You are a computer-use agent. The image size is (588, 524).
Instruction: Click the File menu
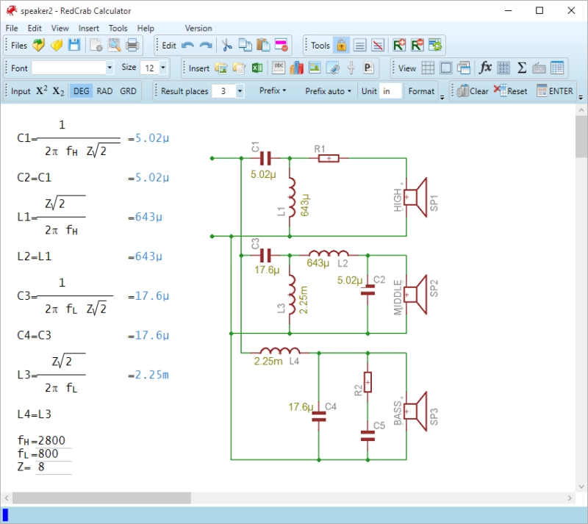click(x=12, y=28)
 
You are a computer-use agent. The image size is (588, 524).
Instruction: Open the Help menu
click(x=146, y=28)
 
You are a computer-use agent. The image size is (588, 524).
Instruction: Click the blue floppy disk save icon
click(x=74, y=45)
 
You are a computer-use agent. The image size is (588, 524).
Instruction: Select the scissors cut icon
click(x=226, y=45)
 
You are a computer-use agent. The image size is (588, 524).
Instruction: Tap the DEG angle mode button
click(x=81, y=91)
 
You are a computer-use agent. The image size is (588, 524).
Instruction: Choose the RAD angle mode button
click(x=104, y=91)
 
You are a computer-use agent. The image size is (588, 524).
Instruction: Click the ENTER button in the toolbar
click(x=555, y=91)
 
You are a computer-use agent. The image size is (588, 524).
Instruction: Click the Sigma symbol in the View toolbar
click(x=522, y=68)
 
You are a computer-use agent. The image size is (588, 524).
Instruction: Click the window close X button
click(x=571, y=10)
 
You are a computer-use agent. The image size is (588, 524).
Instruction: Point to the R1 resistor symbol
click(x=329, y=158)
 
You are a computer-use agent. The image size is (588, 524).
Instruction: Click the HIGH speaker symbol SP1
click(x=415, y=197)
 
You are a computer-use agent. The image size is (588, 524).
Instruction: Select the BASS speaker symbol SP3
click(x=415, y=412)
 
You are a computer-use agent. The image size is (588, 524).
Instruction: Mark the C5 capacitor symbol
click(x=367, y=436)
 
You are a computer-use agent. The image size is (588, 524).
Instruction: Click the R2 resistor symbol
click(x=367, y=382)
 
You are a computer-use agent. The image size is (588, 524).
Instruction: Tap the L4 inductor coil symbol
click(x=280, y=351)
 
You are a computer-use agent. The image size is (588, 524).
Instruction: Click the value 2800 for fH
click(x=51, y=440)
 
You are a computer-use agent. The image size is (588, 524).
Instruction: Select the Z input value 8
click(x=41, y=467)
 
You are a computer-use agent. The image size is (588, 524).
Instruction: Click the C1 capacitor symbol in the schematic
click(x=265, y=158)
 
